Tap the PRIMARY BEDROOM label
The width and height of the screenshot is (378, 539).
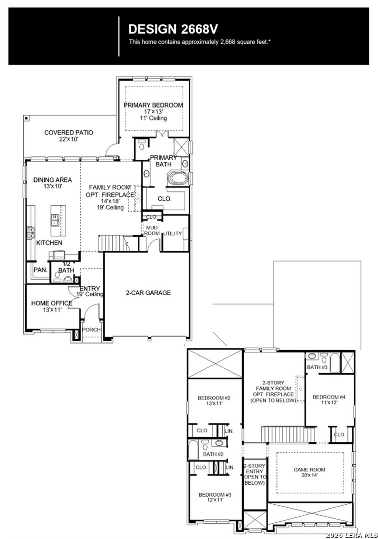[x=153, y=105]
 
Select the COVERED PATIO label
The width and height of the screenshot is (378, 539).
[x=69, y=132]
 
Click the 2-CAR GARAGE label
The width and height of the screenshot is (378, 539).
[x=148, y=293]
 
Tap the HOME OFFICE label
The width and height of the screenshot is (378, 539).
[x=51, y=303]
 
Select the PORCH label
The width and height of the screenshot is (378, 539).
[x=91, y=330]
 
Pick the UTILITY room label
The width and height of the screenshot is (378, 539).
[x=172, y=233]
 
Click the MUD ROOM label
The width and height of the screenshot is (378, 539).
[x=152, y=231]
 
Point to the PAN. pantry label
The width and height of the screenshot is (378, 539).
[x=41, y=270]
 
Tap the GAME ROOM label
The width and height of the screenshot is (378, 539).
[x=309, y=470]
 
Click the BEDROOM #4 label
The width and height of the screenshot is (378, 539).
[x=329, y=397]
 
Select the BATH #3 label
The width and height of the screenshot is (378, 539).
[x=317, y=367]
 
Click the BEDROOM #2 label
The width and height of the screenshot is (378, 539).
[x=214, y=398]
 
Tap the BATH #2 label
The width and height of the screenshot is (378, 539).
[x=213, y=454]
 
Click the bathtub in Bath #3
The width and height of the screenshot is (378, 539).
[x=335, y=363]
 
